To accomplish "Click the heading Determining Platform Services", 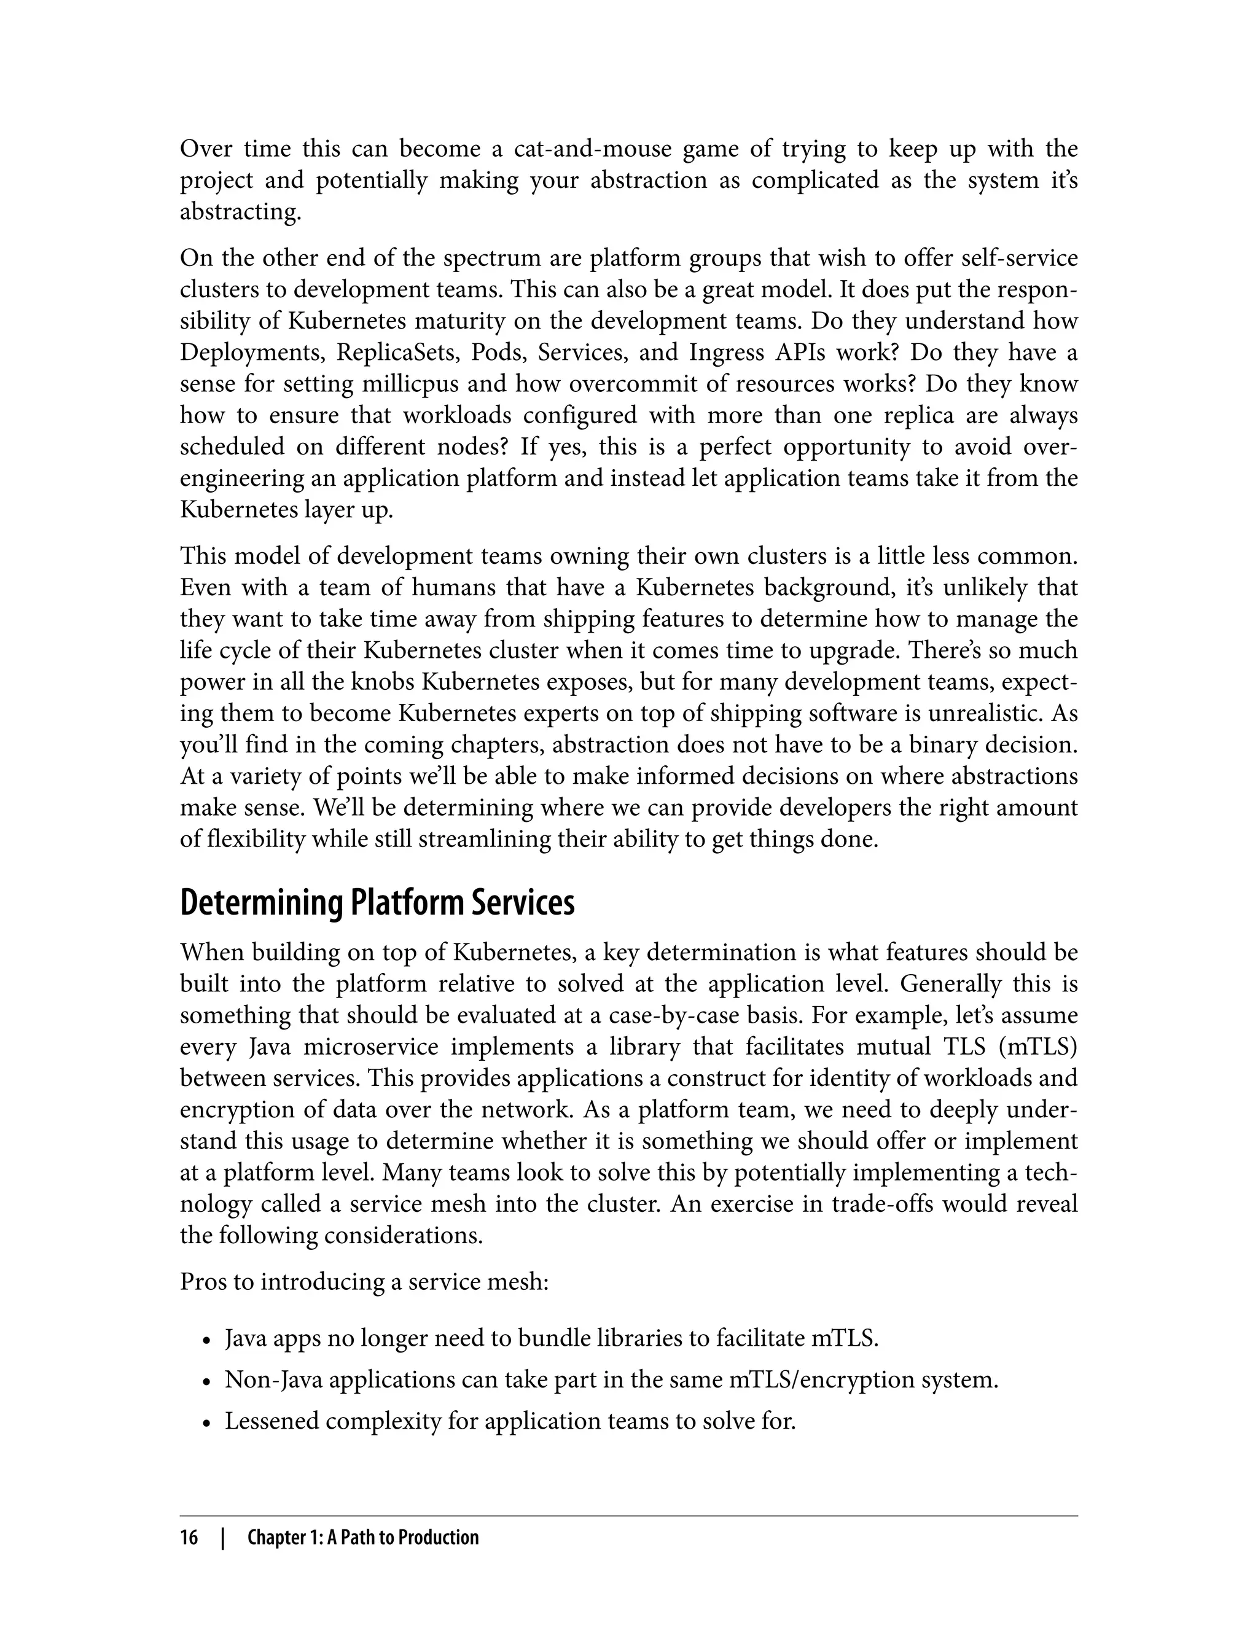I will [x=377, y=903].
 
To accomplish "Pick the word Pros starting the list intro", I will [x=203, y=1282].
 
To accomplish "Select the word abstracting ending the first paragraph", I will [x=240, y=213].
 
